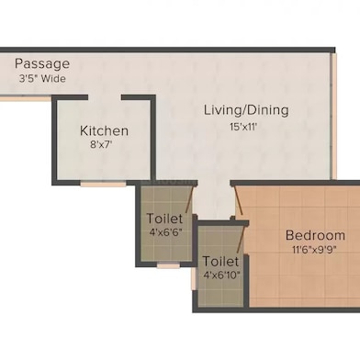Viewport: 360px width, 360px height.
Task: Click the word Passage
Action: (41, 63)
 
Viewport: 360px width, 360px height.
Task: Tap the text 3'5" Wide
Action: (41, 78)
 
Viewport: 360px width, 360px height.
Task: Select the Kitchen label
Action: (104, 130)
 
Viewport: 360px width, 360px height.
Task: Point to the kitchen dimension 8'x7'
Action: (104, 145)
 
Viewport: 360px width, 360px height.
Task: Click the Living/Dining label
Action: (246, 110)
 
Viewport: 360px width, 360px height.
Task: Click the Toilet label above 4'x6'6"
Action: (165, 219)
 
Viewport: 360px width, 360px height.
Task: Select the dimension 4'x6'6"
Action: (165, 233)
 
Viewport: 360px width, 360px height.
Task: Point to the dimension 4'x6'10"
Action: (221, 275)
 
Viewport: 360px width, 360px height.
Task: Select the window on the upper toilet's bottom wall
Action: (167, 265)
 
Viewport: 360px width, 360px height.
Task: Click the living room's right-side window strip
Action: (332, 129)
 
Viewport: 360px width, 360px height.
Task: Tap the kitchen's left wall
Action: (54, 138)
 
